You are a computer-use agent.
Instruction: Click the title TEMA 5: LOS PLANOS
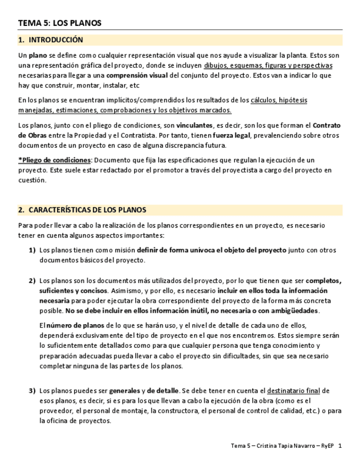(59, 23)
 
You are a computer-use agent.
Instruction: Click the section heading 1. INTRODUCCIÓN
(51, 40)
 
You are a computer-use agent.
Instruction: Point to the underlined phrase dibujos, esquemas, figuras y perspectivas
(268, 65)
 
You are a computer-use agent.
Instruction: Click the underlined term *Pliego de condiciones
(54, 160)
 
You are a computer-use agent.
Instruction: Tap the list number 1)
(32, 250)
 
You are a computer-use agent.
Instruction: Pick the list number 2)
(32, 281)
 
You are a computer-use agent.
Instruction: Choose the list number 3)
(32, 391)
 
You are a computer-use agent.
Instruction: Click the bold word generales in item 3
(124, 391)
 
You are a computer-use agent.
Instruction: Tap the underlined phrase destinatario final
(293, 391)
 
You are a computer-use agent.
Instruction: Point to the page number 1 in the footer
(340, 446)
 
